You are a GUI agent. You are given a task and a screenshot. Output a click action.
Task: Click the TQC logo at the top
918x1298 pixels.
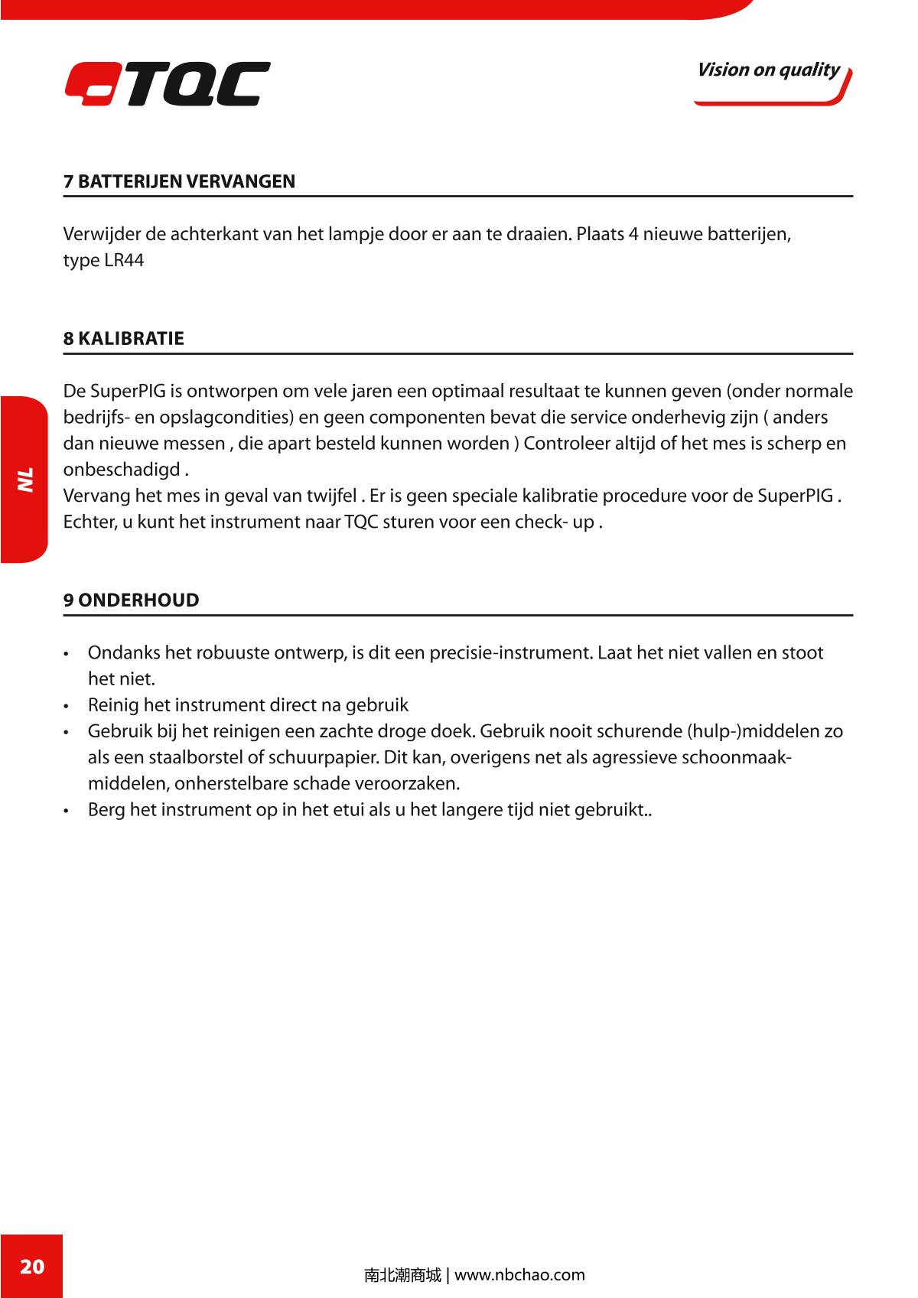(168, 83)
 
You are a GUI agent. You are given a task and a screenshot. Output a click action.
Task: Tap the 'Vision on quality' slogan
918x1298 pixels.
(768, 70)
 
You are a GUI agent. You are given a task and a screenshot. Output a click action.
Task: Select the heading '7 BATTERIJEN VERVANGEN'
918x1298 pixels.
(179, 182)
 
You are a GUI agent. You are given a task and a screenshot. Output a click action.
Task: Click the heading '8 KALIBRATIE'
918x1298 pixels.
(124, 339)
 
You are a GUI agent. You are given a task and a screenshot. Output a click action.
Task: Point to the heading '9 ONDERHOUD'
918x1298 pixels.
(132, 600)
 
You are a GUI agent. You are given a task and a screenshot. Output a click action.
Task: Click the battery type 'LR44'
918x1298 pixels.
(124, 261)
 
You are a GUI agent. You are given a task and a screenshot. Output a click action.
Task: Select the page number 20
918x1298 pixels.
(31, 1266)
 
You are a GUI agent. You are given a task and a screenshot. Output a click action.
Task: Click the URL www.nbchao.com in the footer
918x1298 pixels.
(519, 1275)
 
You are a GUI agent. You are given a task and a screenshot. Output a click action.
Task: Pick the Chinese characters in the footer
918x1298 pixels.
(402, 1275)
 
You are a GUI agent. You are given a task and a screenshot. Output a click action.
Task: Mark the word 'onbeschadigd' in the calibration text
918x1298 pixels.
(122, 470)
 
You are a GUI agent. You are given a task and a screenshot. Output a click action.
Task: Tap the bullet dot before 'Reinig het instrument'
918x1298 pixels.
(68, 707)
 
